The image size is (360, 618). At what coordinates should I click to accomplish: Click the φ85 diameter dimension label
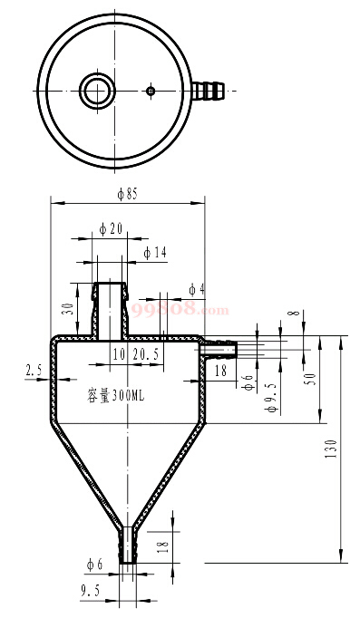(x=127, y=194)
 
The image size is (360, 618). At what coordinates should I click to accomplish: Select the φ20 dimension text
(x=111, y=229)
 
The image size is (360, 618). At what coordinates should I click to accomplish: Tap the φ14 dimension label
(x=155, y=253)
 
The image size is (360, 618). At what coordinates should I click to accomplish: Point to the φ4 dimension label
(x=197, y=290)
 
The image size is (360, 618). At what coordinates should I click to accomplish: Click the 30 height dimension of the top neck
(x=68, y=309)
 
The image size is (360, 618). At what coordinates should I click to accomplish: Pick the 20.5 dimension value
(x=146, y=354)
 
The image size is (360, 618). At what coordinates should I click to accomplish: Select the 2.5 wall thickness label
(x=34, y=371)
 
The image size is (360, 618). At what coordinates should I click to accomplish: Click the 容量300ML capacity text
(x=115, y=396)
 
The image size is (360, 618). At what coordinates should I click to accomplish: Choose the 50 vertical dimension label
(x=312, y=379)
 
